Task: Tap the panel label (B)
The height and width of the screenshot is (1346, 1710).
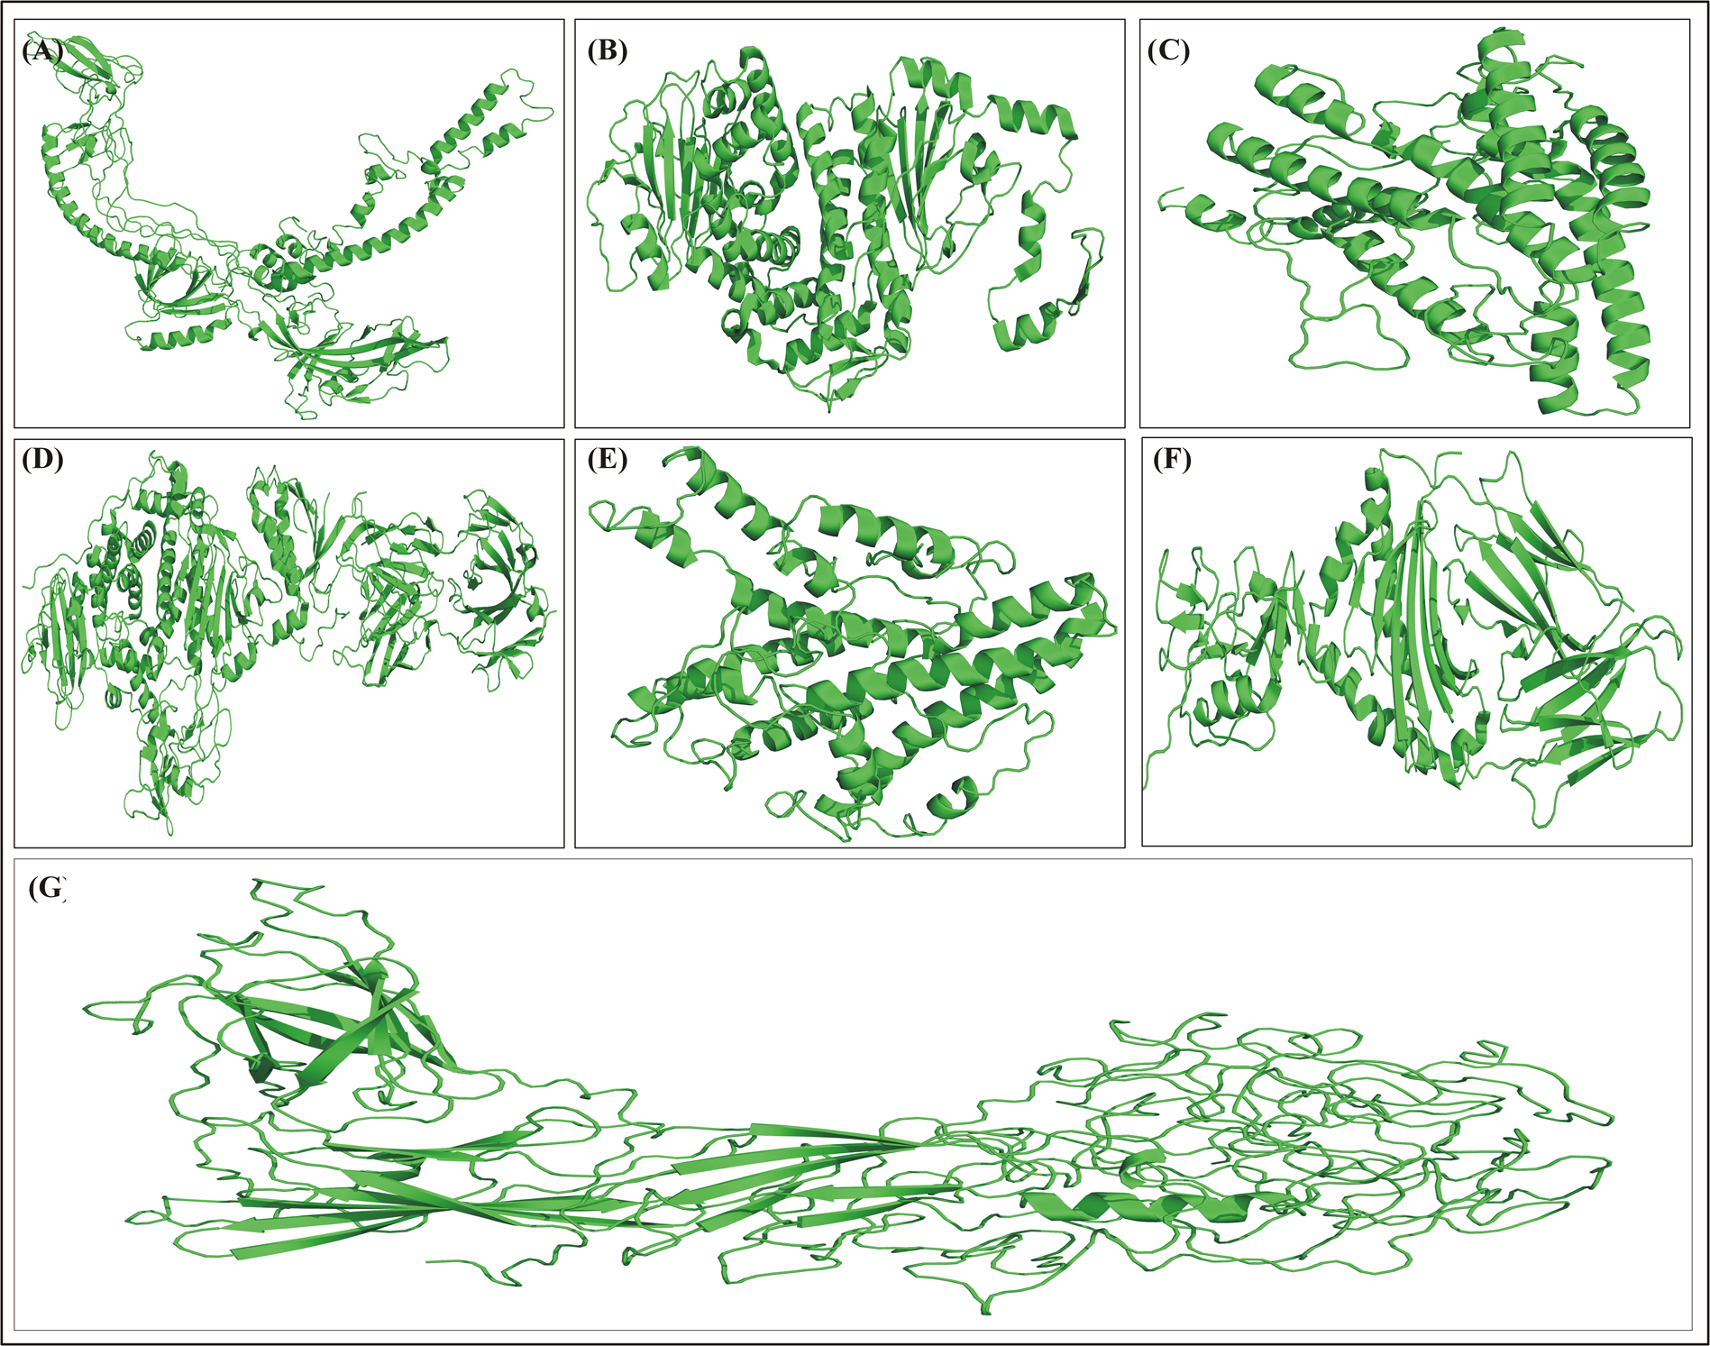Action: pos(607,50)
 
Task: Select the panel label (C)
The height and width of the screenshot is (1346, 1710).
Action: pos(1168,50)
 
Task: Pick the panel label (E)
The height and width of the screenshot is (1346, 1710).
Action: pos(607,460)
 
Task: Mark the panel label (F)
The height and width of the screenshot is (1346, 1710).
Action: pos(1172,460)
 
